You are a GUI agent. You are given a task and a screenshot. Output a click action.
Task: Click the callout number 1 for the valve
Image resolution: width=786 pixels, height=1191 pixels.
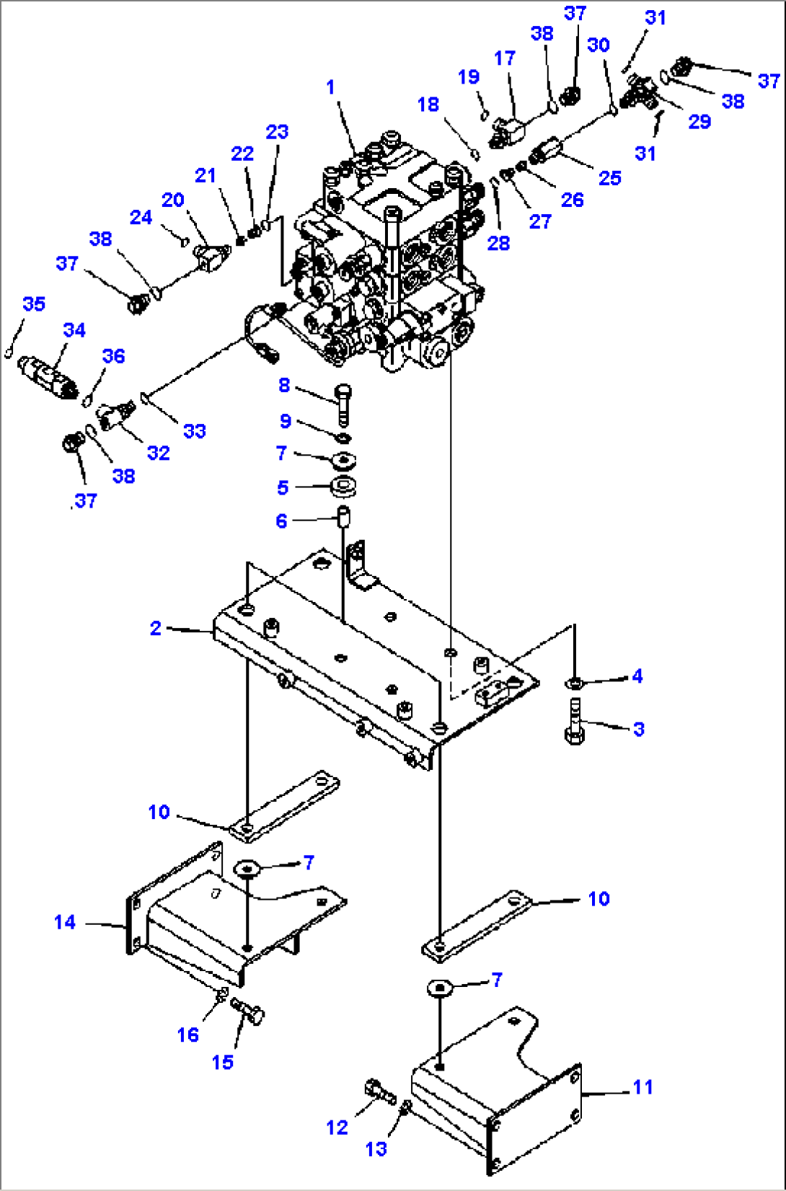coord(330,87)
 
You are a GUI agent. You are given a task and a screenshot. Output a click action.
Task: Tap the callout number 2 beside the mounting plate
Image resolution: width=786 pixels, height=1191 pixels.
coord(156,628)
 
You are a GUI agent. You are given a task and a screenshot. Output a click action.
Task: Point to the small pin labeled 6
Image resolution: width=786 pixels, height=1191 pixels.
coord(344,517)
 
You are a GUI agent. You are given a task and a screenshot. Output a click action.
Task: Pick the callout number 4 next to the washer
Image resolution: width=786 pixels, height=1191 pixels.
coord(637,676)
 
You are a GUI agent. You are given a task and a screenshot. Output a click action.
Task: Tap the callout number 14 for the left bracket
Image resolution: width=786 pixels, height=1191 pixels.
coord(65,922)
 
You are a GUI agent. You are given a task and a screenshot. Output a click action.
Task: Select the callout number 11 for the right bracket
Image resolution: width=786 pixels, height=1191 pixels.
coord(643,1086)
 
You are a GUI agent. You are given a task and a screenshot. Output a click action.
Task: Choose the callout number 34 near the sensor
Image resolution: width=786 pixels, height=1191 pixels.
coord(74,330)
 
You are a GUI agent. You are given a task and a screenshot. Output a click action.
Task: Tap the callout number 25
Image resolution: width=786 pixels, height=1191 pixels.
coord(610,178)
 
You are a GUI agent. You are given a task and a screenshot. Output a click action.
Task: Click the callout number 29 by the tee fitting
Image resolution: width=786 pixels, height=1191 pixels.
coord(699,121)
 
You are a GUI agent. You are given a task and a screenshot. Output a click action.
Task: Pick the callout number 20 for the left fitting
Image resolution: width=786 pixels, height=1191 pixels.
coord(173,200)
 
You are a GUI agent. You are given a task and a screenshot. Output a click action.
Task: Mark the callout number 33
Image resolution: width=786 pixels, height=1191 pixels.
coord(195,431)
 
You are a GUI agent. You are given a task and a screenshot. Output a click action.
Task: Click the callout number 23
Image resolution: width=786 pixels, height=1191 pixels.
coord(278,132)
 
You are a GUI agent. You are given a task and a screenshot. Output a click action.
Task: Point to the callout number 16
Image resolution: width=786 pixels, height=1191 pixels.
coord(188,1035)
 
